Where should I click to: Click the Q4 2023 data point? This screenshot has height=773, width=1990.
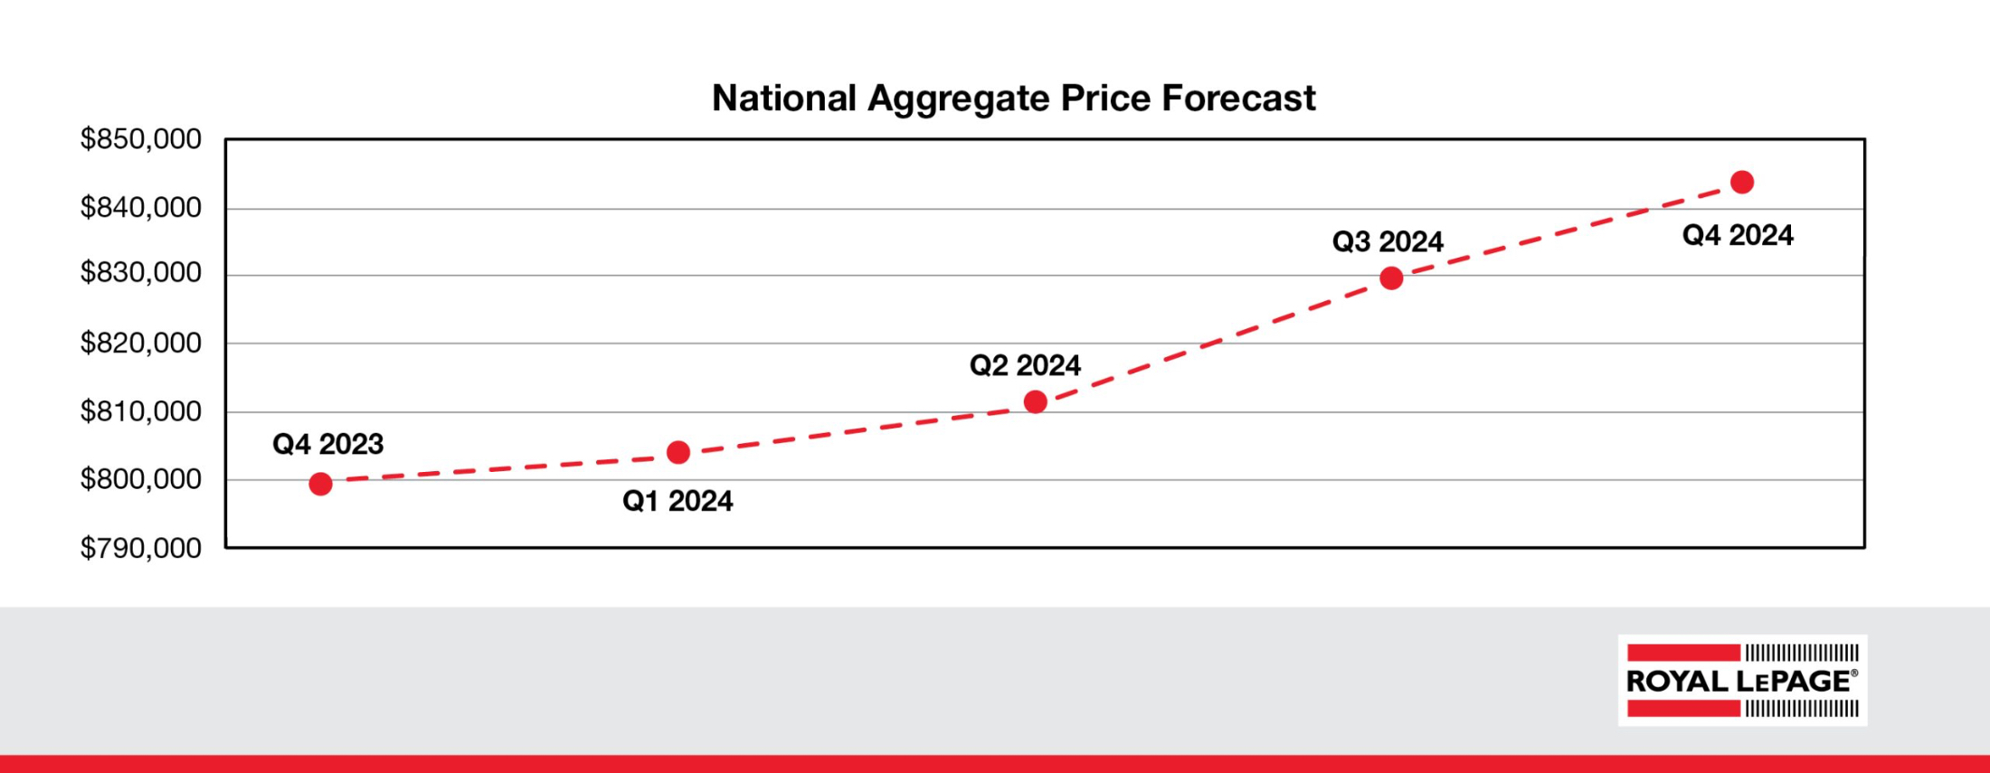click(320, 484)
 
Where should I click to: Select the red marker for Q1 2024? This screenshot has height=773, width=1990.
click(678, 452)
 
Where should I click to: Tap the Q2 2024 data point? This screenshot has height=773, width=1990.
click(1036, 401)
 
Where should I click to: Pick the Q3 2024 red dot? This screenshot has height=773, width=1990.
click(1391, 278)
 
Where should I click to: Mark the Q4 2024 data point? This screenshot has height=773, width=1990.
click(1742, 183)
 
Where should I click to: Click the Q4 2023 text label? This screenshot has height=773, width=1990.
click(327, 444)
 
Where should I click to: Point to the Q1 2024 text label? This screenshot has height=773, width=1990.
click(678, 501)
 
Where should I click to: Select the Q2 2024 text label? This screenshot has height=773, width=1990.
click(1025, 365)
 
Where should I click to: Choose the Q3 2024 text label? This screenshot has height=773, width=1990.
click(1388, 241)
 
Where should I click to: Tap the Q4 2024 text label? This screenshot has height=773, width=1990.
click(1738, 235)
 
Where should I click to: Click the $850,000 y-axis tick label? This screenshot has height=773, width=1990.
click(141, 139)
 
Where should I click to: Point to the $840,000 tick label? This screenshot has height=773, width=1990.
click(141, 208)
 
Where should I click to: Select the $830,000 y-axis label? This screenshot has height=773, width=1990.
click(141, 272)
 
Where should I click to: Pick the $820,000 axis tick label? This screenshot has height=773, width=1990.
click(141, 343)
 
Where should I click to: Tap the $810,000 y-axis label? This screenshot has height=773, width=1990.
click(141, 411)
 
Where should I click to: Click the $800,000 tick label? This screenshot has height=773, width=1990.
click(141, 479)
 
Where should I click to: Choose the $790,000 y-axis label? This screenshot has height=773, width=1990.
click(141, 548)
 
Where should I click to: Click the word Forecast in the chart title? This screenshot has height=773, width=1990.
click(1238, 98)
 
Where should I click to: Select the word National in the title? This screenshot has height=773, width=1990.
click(783, 98)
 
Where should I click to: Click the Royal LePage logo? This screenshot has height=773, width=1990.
click(1742, 680)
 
